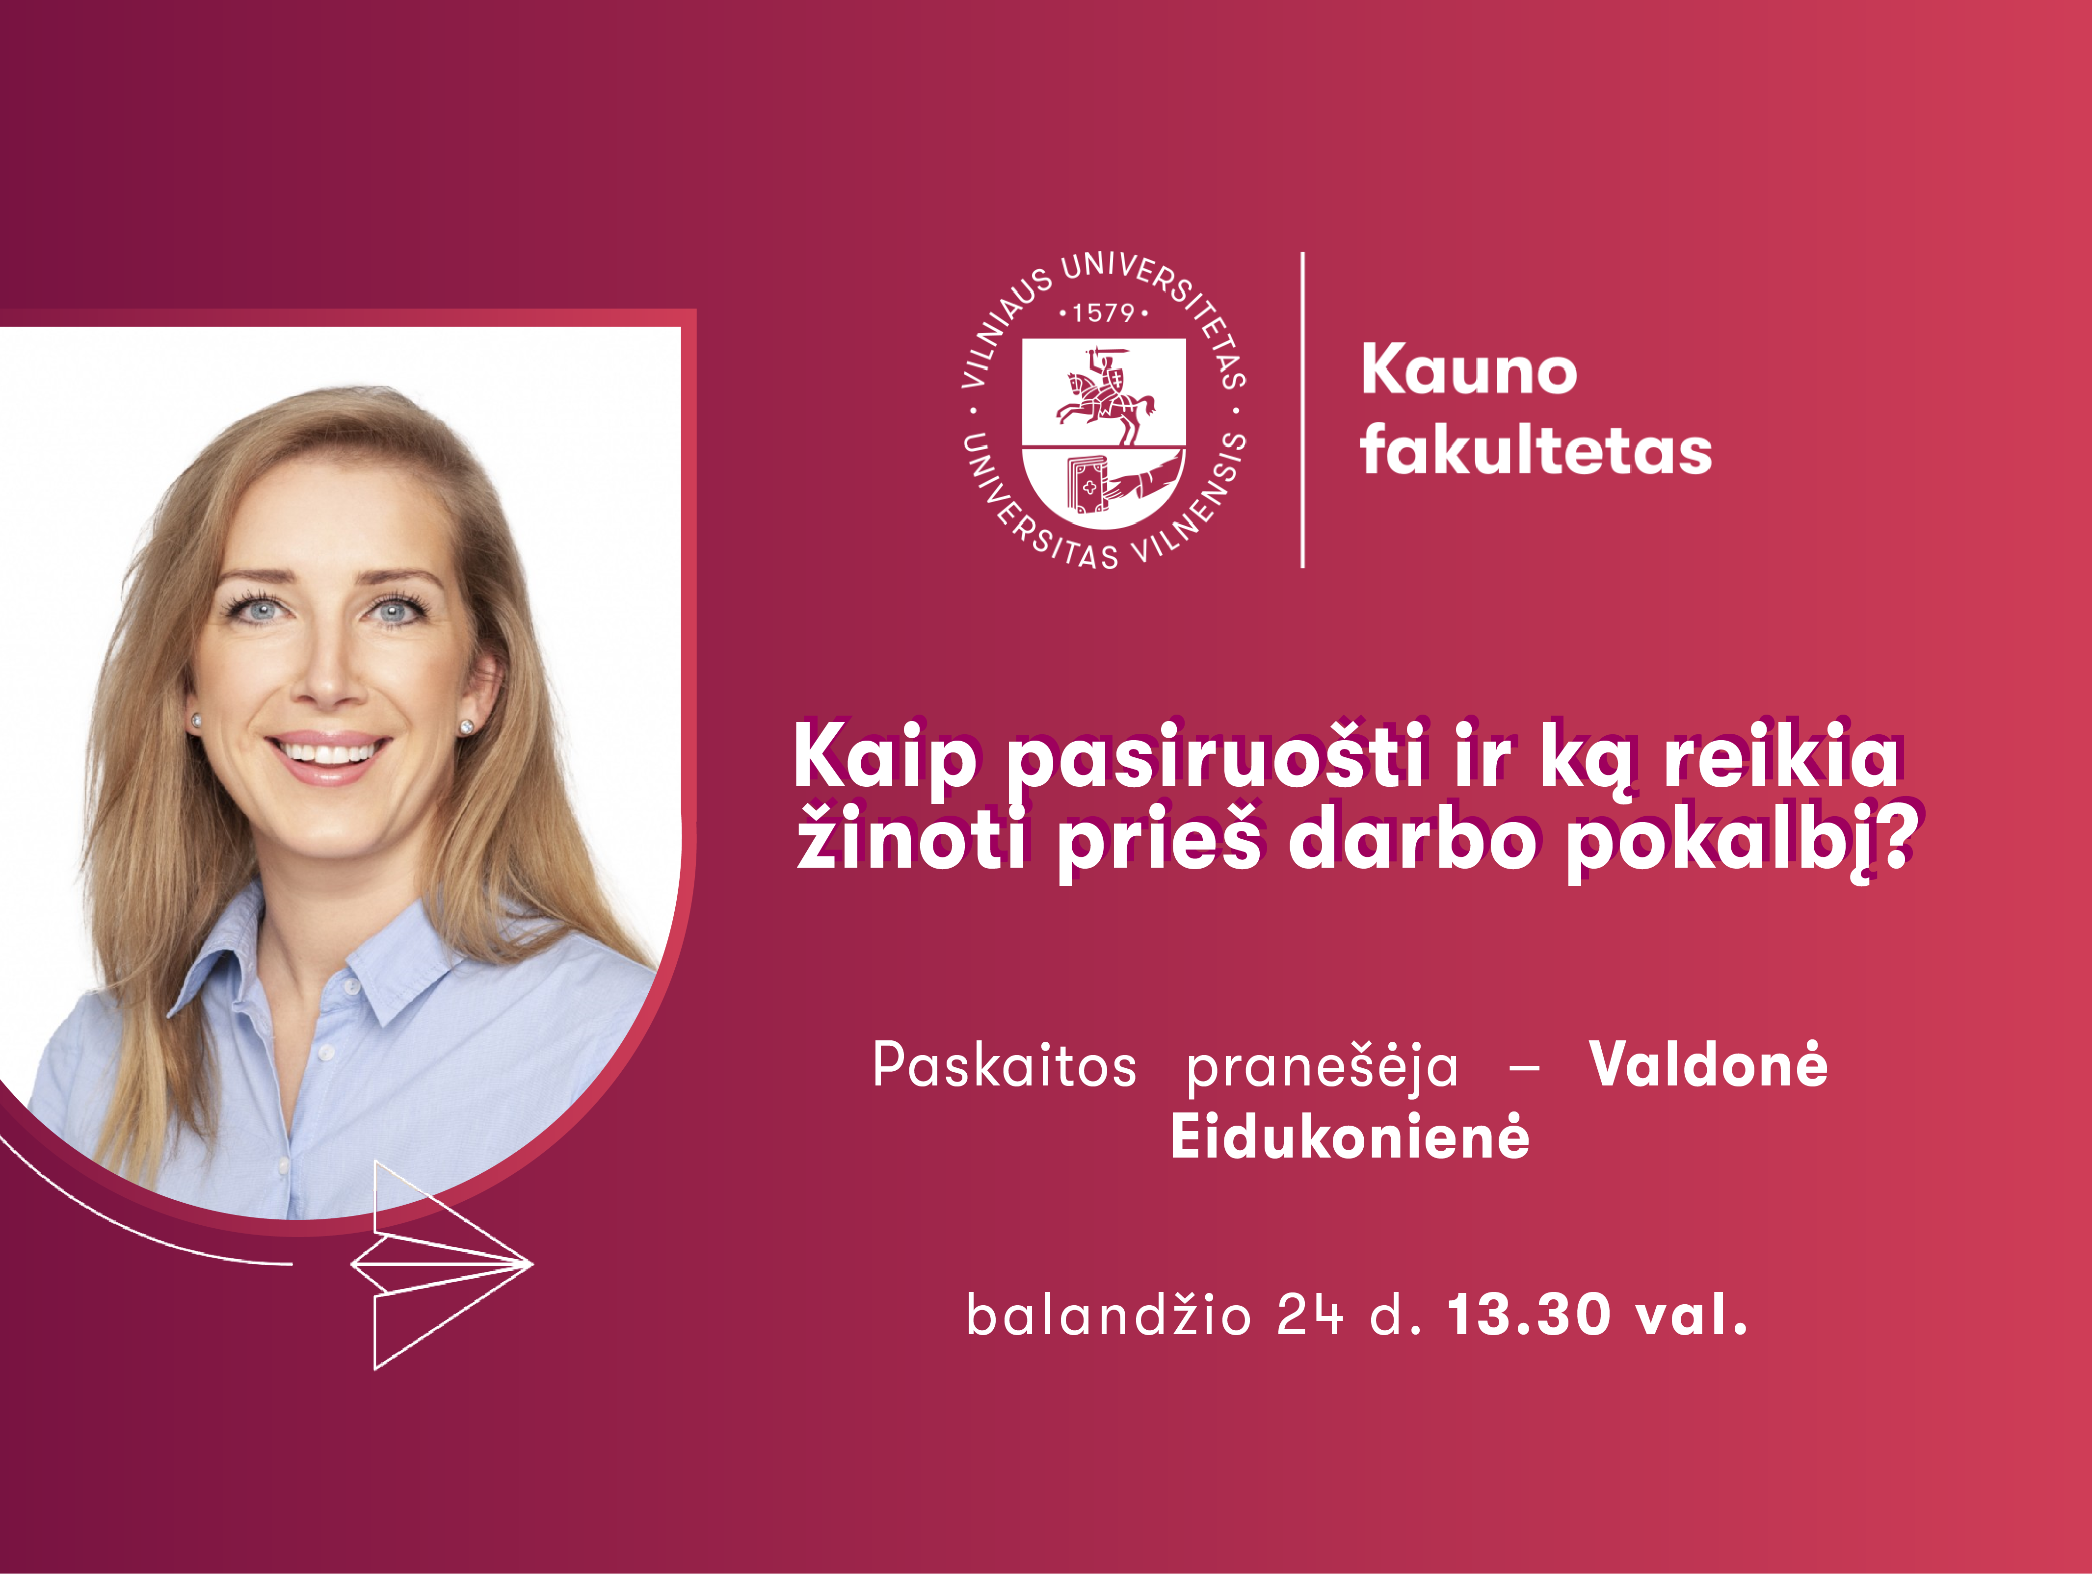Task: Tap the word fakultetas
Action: pyautogui.click(x=1536, y=448)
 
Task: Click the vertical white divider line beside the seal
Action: pyautogui.click(x=1303, y=410)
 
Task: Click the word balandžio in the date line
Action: pyautogui.click(x=1109, y=1315)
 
